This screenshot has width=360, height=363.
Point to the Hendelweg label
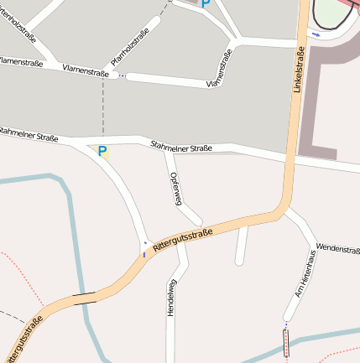(x=171, y=298)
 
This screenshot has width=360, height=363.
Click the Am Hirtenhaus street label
(x=305, y=272)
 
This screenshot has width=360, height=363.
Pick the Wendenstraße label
(x=338, y=249)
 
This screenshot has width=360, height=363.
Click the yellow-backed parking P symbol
(x=102, y=152)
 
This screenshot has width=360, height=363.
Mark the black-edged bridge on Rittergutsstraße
(x=83, y=296)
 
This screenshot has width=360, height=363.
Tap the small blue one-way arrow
(x=316, y=35)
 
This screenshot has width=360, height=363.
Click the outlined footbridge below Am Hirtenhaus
(x=285, y=343)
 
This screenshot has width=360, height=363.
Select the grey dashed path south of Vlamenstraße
(x=103, y=109)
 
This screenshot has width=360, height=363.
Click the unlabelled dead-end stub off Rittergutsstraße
(x=241, y=245)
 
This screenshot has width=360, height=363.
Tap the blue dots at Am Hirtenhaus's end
(x=285, y=323)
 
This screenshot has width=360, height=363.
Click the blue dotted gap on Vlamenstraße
(x=123, y=76)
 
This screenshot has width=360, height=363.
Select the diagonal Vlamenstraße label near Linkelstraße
(x=218, y=68)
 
